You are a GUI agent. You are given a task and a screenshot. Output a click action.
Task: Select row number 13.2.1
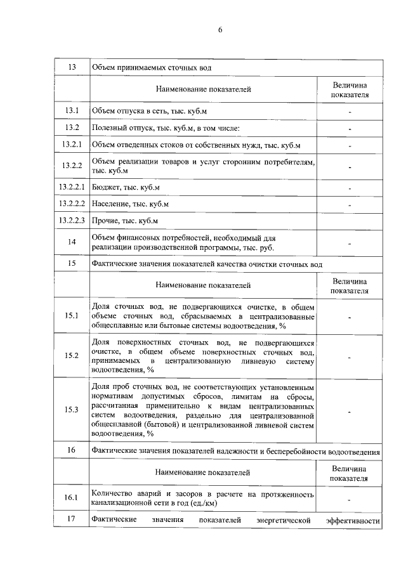(x=72, y=145)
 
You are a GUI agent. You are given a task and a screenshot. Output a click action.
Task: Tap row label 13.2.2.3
(x=72, y=220)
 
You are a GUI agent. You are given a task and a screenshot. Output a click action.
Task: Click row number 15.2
(x=72, y=355)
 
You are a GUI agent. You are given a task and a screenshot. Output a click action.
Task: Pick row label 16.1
(x=72, y=498)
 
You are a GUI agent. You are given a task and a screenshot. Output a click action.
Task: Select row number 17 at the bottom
(x=72, y=520)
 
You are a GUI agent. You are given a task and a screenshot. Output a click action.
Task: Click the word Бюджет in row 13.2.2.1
(x=107, y=188)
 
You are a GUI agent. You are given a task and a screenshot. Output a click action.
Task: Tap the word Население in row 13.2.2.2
(x=111, y=204)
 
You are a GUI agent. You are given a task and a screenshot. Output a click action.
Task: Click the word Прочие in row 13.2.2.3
(x=106, y=220)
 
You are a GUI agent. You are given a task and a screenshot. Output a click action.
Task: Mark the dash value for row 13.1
(x=350, y=112)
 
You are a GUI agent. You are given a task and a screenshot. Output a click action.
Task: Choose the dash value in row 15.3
(x=350, y=410)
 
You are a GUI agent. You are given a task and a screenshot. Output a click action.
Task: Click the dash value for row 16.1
(x=350, y=499)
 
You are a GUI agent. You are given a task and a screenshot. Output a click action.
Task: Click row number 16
(x=72, y=450)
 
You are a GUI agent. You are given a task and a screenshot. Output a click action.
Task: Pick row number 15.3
(x=72, y=410)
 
